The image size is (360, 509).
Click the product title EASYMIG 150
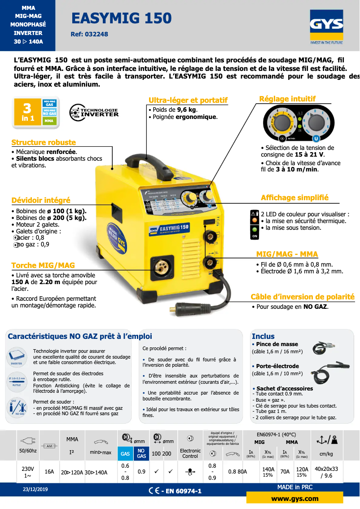122,18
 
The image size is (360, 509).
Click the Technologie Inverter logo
94,112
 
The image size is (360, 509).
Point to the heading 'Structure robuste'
44,143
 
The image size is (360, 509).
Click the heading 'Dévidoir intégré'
41,200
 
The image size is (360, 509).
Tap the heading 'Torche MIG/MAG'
43,265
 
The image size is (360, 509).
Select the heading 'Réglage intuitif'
287,99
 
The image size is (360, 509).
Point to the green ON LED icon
255,229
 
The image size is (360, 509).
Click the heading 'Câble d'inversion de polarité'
303,297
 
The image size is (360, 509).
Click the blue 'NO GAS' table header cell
141,453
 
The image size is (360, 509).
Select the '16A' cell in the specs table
49,472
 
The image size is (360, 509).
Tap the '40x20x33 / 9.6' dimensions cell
326,472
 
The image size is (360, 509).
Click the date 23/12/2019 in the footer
35,489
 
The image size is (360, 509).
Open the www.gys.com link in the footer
295,499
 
